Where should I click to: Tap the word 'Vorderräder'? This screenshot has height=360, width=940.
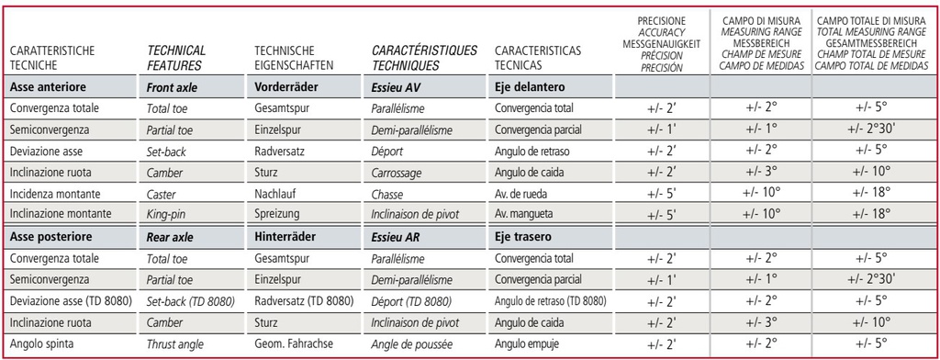coord(285,87)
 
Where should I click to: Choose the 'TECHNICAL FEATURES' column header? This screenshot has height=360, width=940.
coord(176,57)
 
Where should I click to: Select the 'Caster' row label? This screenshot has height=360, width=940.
coord(163,193)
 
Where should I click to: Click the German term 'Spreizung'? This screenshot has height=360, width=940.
coord(277,214)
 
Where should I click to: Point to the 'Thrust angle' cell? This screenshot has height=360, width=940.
coord(177,343)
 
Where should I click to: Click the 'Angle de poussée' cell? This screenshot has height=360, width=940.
coord(415,343)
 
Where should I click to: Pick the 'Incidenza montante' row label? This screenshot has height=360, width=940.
coord(53,193)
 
